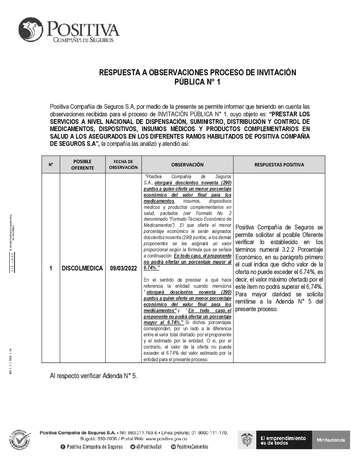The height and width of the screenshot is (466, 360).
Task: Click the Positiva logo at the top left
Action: click(68, 30)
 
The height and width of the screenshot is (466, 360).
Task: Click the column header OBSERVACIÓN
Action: click(187, 165)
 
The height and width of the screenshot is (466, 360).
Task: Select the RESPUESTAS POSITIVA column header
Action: click(279, 165)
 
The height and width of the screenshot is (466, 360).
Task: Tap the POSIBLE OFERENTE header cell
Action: click(82, 165)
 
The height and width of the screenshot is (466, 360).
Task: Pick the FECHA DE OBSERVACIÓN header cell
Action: click(123, 165)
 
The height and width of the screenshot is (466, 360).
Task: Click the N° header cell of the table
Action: click(51, 165)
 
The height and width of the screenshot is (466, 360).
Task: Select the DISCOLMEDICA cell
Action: click(82, 268)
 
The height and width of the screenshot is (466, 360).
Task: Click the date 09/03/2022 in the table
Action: click(123, 268)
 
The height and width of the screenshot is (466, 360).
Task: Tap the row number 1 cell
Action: click(51, 268)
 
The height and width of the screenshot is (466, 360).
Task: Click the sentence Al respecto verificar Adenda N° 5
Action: click(94, 376)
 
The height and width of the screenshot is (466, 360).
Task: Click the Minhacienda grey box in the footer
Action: click(331, 440)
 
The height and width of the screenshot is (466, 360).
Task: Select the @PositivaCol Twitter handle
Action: click(146, 447)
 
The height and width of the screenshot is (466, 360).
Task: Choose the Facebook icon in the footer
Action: click(63, 447)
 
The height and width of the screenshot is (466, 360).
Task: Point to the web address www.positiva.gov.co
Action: click(166, 439)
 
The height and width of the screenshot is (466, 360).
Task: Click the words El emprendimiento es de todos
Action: click(283, 440)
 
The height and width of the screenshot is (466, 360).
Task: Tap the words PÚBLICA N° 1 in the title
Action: click(197, 82)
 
